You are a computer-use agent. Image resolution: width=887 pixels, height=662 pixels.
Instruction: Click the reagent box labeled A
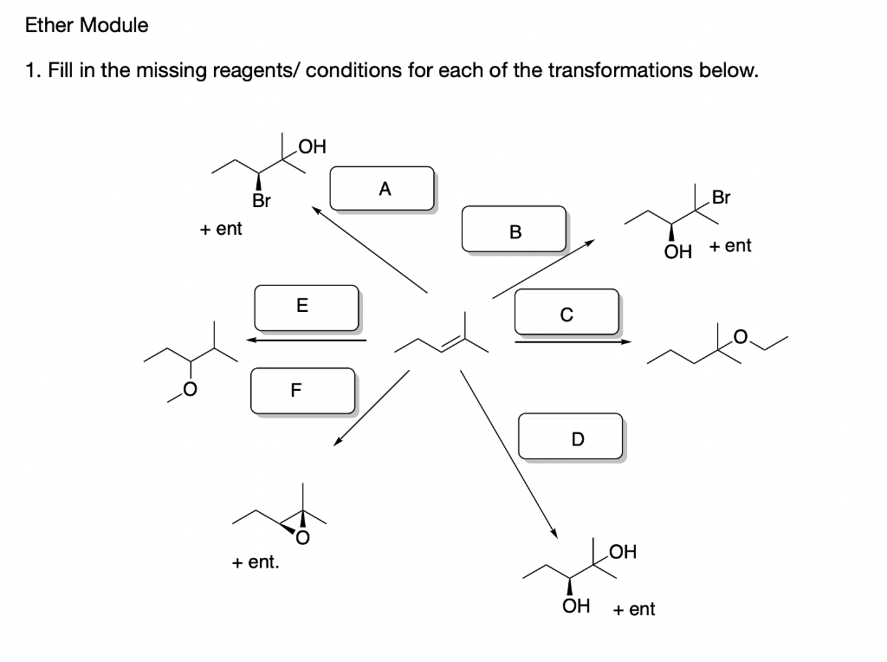[381, 188]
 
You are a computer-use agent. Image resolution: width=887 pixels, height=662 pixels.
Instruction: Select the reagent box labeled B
[515, 230]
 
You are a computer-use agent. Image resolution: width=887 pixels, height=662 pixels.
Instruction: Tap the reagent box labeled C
[566, 313]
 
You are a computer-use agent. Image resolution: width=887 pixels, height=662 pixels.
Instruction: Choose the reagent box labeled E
[306, 307]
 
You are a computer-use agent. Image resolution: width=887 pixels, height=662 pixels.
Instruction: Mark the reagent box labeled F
[302, 391]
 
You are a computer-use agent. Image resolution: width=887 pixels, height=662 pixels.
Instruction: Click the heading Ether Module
[87, 25]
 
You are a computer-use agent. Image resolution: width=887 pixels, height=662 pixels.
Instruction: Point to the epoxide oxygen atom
[302, 537]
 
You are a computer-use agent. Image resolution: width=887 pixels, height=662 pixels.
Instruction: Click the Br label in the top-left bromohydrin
[261, 202]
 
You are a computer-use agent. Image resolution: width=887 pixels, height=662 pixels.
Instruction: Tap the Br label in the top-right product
[720, 198]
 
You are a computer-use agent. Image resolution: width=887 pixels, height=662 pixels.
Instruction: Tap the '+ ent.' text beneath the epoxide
[256, 562]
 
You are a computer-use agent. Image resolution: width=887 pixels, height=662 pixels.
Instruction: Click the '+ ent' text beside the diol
[634, 609]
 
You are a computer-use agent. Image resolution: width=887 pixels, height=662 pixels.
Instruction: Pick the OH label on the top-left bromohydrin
[312, 146]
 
